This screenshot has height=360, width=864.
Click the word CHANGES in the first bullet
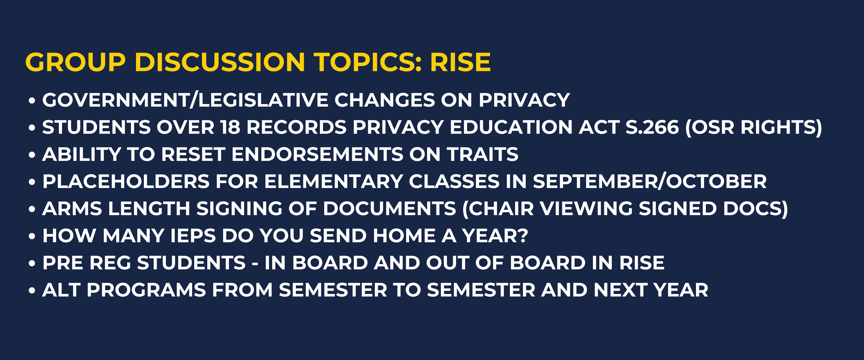point(385,100)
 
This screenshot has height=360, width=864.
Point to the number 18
point(230,127)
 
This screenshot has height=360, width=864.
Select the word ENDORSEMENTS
point(317,154)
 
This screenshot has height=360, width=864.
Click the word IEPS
point(193,236)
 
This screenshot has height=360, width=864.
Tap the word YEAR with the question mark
point(495,236)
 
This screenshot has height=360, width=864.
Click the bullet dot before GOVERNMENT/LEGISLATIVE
point(32,101)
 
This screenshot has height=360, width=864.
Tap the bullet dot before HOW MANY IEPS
point(32,236)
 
